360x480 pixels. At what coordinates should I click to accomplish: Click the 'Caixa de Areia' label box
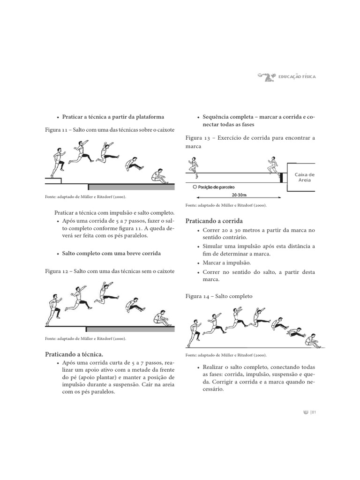(304, 177)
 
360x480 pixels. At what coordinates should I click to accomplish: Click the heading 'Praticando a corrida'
(214, 221)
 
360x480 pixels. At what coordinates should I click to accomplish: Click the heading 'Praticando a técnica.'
(74, 354)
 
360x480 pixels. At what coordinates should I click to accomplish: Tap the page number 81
(314, 412)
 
